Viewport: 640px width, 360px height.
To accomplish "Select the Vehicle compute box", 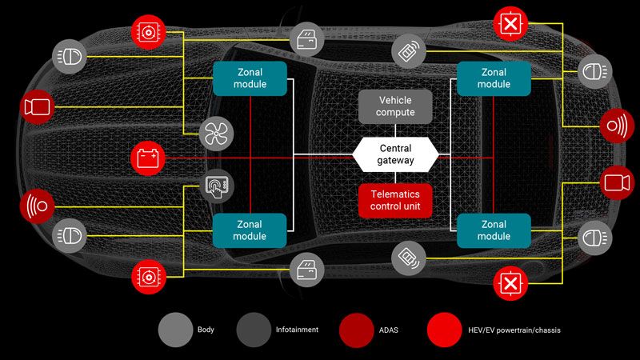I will [395, 106].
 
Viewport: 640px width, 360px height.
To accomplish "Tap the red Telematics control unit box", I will [395, 201].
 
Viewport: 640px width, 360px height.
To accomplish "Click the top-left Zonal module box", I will [250, 78].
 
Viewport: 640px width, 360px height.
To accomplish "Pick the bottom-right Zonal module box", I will [494, 230].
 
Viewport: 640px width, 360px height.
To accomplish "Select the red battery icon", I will [147, 157].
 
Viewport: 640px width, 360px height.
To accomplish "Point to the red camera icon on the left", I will [37, 107].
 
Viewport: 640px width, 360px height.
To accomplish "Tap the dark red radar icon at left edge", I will [36, 205].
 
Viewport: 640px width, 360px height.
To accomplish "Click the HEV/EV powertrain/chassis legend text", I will [513, 329].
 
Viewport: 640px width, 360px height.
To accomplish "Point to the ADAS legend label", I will [390, 329].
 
